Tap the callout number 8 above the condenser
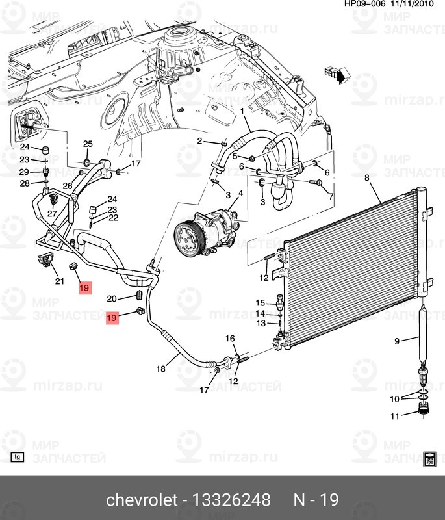click(x=366, y=178)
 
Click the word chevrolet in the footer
click(x=141, y=500)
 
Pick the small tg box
click(x=18, y=457)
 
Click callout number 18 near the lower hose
click(x=161, y=369)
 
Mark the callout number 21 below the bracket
click(x=60, y=281)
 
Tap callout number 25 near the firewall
click(x=88, y=144)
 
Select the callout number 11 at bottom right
click(x=395, y=417)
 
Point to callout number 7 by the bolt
click(x=331, y=196)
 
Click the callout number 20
click(x=111, y=298)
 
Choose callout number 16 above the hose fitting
click(x=230, y=339)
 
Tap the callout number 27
click(x=51, y=214)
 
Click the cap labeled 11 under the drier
click(x=423, y=410)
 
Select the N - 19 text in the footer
click(x=316, y=500)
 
